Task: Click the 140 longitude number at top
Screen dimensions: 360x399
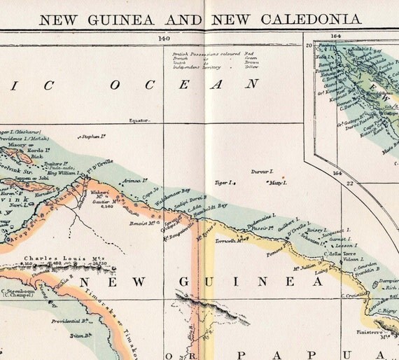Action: coord(164,39)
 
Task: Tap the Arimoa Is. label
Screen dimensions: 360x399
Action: coord(132,180)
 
